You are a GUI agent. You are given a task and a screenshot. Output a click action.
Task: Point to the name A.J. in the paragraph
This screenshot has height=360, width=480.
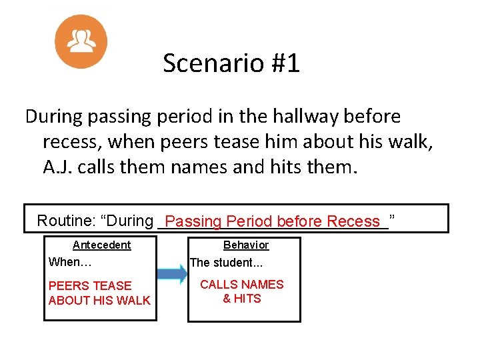(x=59, y=166)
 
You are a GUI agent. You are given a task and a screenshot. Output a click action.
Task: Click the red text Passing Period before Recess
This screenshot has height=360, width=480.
(x=272, y=221)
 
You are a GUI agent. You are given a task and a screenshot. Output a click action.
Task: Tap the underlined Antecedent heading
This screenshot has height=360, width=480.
(x=102, y=245)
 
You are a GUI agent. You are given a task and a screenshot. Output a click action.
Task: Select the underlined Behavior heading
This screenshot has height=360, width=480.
(x=246, y=245)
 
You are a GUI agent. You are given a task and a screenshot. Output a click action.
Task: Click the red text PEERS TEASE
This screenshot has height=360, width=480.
(x=90, y=285)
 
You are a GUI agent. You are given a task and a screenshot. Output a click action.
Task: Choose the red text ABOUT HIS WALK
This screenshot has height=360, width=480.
(x=99, y=300)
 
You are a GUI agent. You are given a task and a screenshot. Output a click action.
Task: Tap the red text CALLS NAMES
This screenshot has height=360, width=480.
(x=242, y=285)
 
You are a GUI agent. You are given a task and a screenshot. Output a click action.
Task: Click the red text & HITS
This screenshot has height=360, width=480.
(x=242, y=299)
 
